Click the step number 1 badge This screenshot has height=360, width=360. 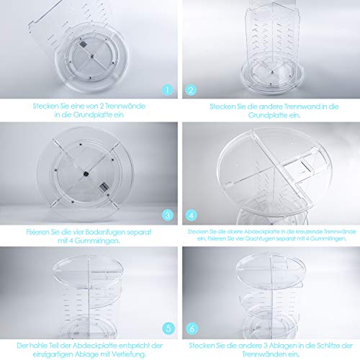pyautogui.click(x=167, y=91)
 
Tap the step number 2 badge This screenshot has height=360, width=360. pyautogui.click(x=192, y=91)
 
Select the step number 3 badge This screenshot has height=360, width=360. pyautogui.click(x=167, y=214)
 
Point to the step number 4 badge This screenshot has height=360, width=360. pyautogui.click(x=192, y=214)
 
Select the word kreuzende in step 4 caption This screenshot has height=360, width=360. pyautogui.click(x=305, y=232)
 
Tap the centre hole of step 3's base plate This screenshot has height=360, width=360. pyautogui.click(x=85, y=173)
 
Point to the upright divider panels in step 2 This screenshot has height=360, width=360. pyautogui.click(x=270, y=43)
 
